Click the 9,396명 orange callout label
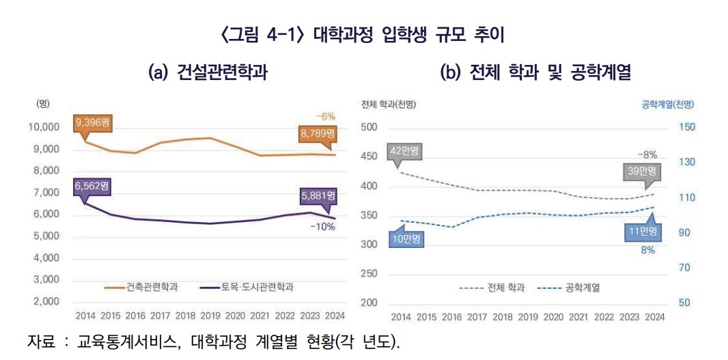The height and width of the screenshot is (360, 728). (x=92, y=123)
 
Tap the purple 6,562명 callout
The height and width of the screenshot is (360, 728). (x=92, y=185)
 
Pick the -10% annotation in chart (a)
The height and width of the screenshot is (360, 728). (x=322, y=227)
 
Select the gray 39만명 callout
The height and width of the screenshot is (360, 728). (x=642, y=172)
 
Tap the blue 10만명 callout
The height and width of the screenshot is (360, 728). (x=406, y=239)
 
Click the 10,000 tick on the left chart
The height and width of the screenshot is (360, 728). (x=45, y=128)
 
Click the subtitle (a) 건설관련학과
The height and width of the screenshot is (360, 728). (x=208, y=72)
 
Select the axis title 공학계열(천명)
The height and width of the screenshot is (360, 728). (x=667, y=105)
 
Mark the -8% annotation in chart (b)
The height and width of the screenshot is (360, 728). (x=647, y=154)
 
